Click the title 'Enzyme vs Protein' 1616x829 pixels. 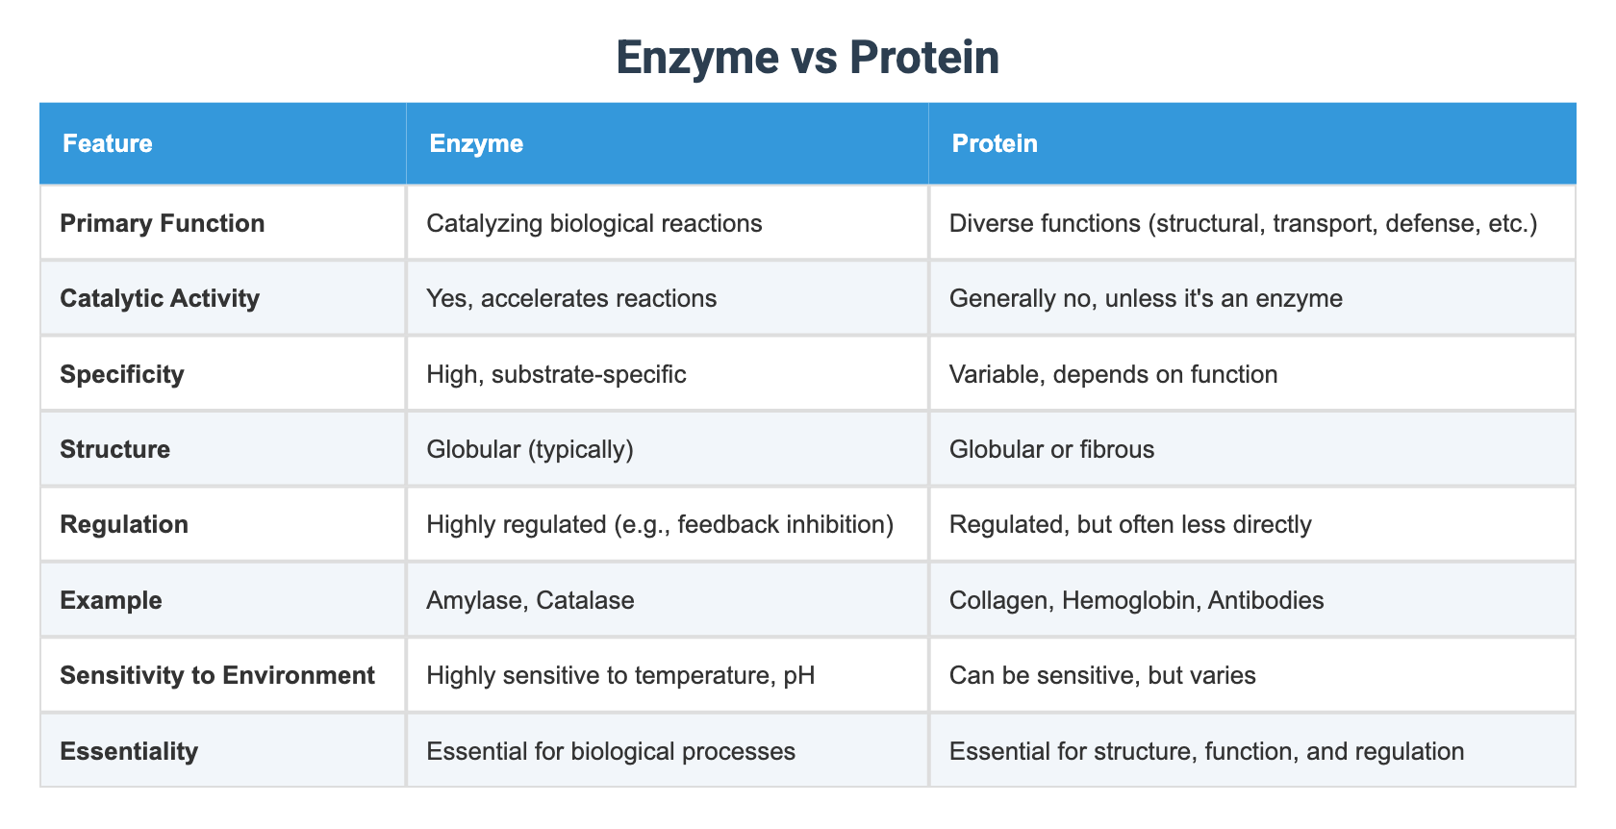807,58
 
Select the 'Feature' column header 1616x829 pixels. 108,143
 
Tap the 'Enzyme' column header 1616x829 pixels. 476,143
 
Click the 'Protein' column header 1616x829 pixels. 994,143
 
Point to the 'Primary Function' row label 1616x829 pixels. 162,223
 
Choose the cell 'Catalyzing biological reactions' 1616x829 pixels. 593,223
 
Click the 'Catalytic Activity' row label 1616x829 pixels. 160,298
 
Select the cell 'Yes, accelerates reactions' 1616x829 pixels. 571,298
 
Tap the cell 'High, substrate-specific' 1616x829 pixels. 556,374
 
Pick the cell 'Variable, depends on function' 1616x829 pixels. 1113,374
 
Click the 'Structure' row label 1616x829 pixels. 114,449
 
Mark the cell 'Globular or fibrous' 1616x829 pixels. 1051,449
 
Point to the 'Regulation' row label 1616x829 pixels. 124,524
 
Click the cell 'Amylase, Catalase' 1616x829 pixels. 530,600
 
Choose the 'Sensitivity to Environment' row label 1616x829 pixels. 217,675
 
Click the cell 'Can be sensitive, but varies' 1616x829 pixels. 1102,675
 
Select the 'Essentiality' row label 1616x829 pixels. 129,751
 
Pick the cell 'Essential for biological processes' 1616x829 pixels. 611,751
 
